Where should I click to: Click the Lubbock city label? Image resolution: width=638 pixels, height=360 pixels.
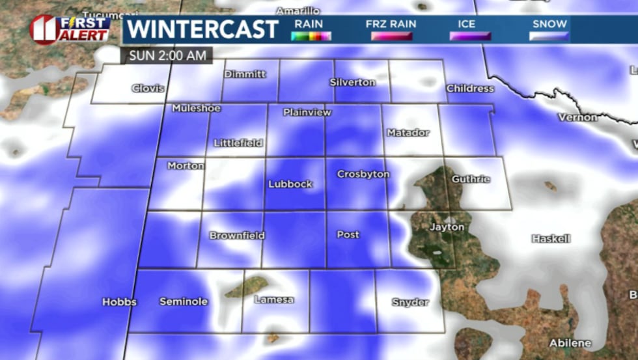click(x=290, y=184)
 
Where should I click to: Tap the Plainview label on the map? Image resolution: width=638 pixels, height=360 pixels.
click(x=307, y=113)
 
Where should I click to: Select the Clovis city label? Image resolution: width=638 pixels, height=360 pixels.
click(x=148, y=89)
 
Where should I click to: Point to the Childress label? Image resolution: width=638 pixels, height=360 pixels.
click(x=470, y=89)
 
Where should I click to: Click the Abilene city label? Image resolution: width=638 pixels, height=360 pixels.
click(x=570, y=343)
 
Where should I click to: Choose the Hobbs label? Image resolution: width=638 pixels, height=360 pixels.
click(x=120, y=302)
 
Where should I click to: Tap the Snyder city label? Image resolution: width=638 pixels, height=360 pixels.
click(x=410, y=302)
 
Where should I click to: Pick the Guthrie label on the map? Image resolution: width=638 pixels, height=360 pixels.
click(x=471, y=178)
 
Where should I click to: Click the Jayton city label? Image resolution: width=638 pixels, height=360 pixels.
click(x=447, y=227)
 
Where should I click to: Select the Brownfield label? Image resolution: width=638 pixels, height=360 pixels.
click(x=237, y=235)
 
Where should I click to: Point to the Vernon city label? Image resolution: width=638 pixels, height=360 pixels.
click(x=577, y=117)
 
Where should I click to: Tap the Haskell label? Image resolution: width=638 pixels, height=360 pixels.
click(x=551, y=238)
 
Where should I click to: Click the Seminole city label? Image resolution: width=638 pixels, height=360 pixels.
click(x=184, y=301)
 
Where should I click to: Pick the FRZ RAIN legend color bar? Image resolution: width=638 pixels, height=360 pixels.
click(x=391, y=36)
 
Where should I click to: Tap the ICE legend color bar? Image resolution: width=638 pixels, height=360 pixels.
click(x=470, y=36)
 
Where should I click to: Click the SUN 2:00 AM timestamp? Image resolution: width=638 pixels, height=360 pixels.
click(x=167, y=55)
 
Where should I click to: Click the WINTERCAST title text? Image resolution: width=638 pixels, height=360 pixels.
click(x=202, y=29)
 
